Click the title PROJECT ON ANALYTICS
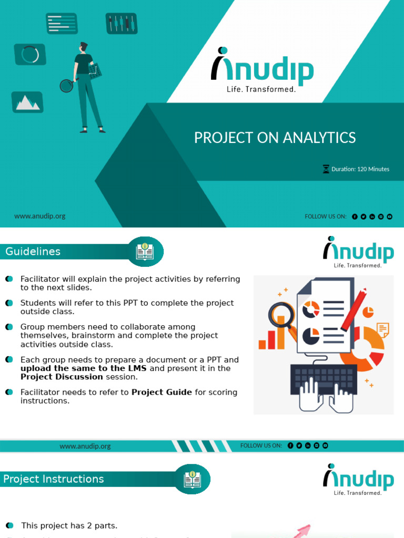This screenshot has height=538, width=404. tap(275, 138)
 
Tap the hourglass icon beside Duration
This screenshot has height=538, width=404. tap(326, 169)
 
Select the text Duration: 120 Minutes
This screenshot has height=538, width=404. tap(360, 169)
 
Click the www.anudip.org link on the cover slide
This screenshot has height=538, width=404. tap(40, 216)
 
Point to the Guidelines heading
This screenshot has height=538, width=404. tap(33, 252)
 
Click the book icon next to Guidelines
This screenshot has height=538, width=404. tap(145, 252)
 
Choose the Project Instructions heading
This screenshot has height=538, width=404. tap(53, 479)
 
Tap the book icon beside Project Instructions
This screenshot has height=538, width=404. tap(192, 479)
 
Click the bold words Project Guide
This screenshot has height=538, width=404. tap(161, 392)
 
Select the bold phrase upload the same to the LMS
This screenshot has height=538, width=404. tap(84, 368)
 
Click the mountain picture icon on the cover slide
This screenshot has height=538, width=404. tap(27, 102)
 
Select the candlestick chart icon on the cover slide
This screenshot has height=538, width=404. tap(122, 24)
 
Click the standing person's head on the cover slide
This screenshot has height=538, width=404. tap(83, 47)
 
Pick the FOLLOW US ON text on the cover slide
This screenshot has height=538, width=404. tap(325, 216)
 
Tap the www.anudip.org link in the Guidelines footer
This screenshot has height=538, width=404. tap(85, 446)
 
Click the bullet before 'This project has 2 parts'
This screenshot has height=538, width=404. tap(9, 525)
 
